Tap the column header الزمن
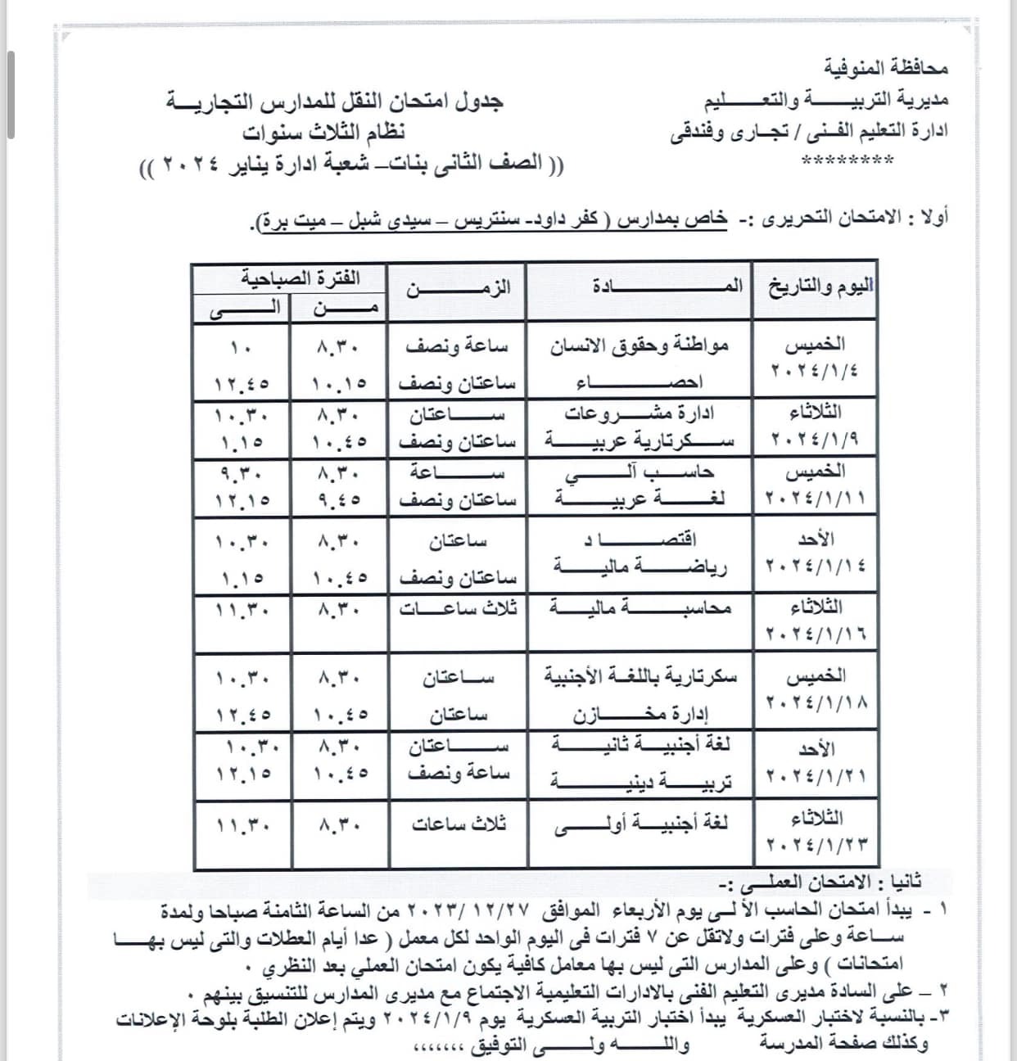459,287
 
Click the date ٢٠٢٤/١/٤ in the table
815,370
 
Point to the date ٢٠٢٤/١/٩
815,440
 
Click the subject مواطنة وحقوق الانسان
638,345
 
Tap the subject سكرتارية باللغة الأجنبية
641,677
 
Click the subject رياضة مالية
641,567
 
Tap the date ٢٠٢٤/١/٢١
816,774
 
